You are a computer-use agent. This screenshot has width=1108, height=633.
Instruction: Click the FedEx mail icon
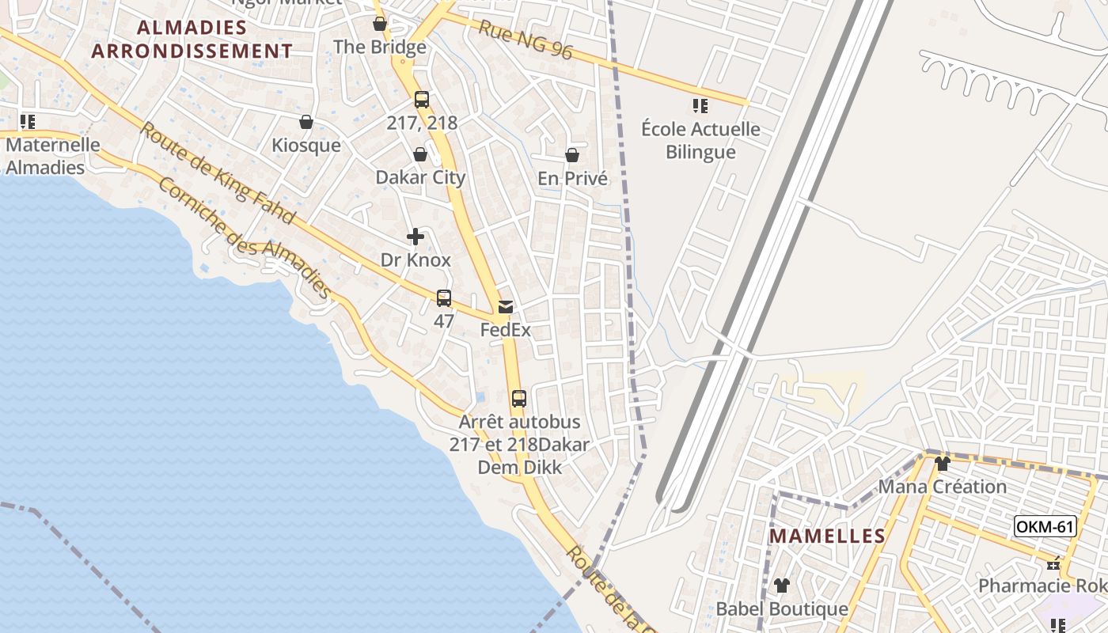click(506, 307)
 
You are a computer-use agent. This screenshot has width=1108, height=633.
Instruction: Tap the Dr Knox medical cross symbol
click(415, 237)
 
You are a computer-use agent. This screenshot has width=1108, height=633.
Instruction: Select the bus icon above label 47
click(444, 298)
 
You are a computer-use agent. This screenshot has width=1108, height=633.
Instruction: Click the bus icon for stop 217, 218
click(422, 100)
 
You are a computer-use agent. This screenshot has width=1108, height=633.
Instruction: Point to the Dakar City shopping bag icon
click(420, 154)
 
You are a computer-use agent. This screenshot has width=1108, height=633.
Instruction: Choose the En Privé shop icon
click(572, 155)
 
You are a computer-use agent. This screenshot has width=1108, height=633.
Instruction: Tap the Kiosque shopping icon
click(306, 122)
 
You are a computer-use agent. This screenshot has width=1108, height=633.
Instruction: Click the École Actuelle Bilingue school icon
click(700, 105)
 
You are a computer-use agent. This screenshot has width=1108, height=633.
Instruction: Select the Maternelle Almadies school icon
click(28, 122)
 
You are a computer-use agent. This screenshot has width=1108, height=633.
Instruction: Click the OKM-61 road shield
click(1045, 526)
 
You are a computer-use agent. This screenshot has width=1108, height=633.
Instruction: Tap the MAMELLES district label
click(827, 536)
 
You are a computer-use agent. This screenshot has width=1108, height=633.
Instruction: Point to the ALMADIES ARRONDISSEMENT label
click(192, 40)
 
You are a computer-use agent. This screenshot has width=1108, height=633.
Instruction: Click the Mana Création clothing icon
click(942, 464)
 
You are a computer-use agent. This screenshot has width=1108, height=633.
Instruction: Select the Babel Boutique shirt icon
click(782, 586)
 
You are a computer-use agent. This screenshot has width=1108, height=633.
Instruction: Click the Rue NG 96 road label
click(526, 39)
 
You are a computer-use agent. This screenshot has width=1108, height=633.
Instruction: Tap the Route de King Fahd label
click(217, 172)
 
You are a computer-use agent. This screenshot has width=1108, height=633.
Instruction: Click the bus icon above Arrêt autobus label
click(519, 399)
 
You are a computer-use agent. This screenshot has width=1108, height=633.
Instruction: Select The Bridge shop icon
click(380, 24)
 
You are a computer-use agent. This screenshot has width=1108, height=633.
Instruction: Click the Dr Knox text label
click(415, 260)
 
